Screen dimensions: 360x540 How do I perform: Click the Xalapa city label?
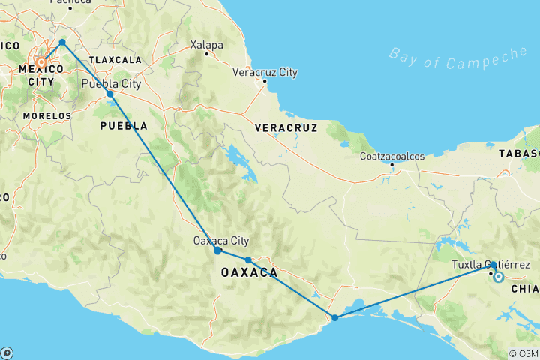[208, 45]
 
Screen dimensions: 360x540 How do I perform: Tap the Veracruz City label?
[265, 72]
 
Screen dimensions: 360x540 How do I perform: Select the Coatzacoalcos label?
[392, 156]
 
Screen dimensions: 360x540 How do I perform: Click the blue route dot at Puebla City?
[110, 94]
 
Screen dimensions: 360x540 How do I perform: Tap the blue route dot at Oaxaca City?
[217, 250]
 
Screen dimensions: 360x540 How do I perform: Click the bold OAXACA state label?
[250, 272]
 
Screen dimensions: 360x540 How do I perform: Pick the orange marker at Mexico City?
[43, 63]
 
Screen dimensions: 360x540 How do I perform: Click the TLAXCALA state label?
[115, 59]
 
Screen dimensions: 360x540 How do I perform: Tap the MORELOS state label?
[46, 116]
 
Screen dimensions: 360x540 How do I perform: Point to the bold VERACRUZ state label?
[286, 128]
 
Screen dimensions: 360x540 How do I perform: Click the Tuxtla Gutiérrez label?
[491, 265]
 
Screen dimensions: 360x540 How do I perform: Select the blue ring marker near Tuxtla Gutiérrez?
[498, 277]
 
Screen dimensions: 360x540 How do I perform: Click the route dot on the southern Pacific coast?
[335, 317]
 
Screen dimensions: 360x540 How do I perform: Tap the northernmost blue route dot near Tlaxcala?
[62, 42]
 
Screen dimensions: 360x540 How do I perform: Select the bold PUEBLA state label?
[124, 126]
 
